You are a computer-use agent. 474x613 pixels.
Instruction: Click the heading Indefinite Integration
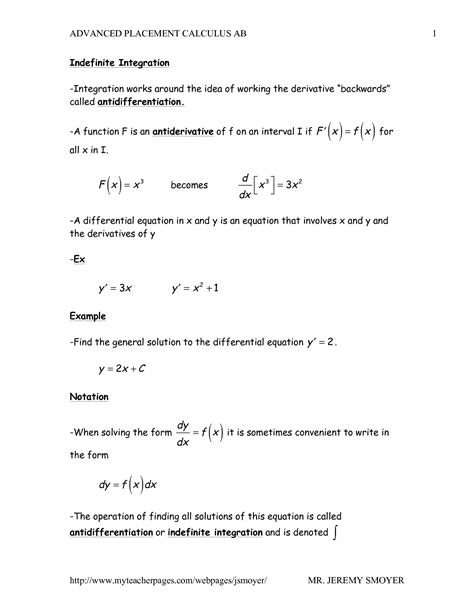[x=113, y=62]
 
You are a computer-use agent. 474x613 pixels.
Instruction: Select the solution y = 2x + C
[x=124, y=370]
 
